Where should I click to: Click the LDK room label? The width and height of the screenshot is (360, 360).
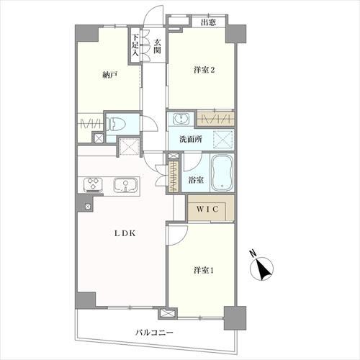coord(125,233)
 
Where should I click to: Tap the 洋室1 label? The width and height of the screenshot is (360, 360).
coord(204,271)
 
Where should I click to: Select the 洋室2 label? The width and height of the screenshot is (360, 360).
coord(204,70)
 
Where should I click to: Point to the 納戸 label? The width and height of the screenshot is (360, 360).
coord(109,76)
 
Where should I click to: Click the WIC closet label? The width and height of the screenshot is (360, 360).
coord(208,209)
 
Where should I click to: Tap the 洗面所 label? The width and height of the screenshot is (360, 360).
coord(191,140)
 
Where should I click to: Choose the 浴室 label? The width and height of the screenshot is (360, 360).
coord(196,180)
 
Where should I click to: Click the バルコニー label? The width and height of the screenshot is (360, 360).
coord(154,333)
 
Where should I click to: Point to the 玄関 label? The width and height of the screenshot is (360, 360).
coord(157,46)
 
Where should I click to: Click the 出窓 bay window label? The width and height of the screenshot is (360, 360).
coord(208,22)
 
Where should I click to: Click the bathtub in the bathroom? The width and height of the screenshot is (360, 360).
coord(222,172)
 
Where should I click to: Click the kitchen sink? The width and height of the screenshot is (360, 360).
coord(126,184)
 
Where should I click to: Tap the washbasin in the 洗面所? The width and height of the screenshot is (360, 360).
coord(181,119)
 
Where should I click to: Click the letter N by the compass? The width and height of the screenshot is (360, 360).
coord(253,253)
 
